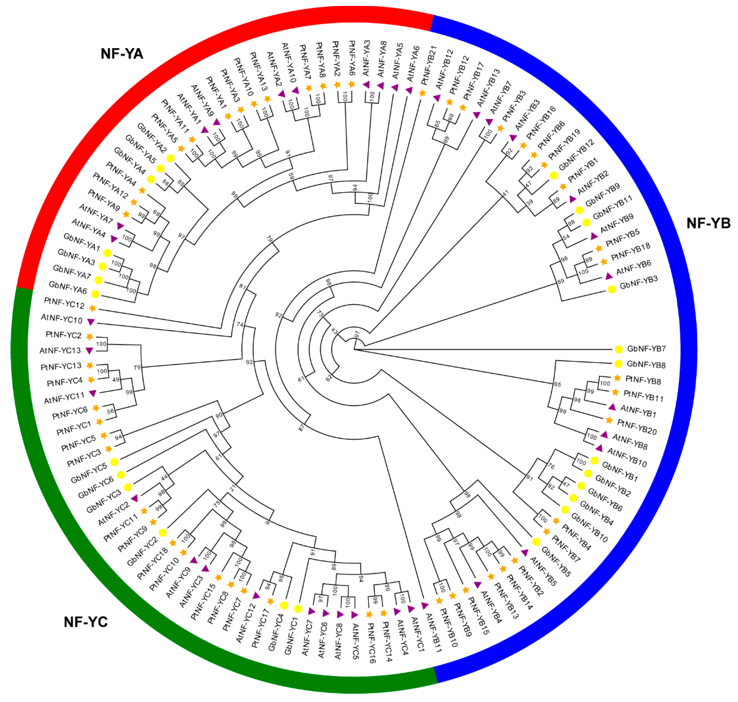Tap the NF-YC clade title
point(86,622)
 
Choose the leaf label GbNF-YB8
point(646,364)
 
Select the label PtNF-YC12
point(64,303)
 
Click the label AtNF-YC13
point(60,351)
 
